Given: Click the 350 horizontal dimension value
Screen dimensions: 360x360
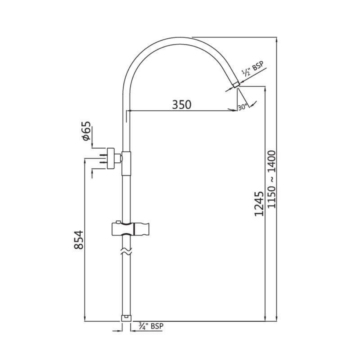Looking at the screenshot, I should (181, 104).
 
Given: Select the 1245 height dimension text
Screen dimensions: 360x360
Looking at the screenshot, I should (259, 204).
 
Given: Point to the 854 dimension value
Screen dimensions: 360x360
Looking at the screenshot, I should (79, 240).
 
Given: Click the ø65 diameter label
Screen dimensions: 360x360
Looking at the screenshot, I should (85, 131).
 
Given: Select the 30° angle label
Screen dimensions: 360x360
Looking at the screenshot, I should (243, 107).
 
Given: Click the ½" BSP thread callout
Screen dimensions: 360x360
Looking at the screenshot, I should (253, 70).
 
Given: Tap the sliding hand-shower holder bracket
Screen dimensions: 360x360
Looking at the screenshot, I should (131, 229).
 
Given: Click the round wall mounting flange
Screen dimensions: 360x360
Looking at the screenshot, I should (111, 159).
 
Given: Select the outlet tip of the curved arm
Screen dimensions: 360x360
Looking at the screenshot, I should (236, 85).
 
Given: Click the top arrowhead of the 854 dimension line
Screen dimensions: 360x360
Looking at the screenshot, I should (85, 161).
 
